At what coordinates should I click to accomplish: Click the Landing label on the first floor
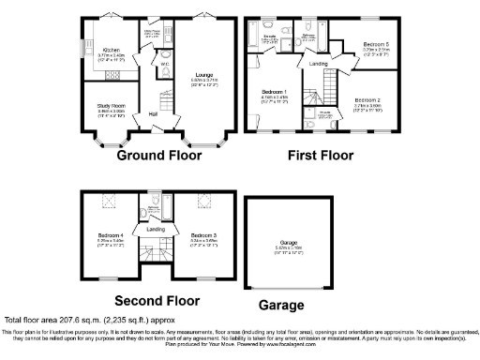pyautogui.click(x=320, y=64)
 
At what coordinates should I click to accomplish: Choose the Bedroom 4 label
pyautogui.click(x=111, y=235)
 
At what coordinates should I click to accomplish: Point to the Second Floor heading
pyautogui.click(x=157, y=301)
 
